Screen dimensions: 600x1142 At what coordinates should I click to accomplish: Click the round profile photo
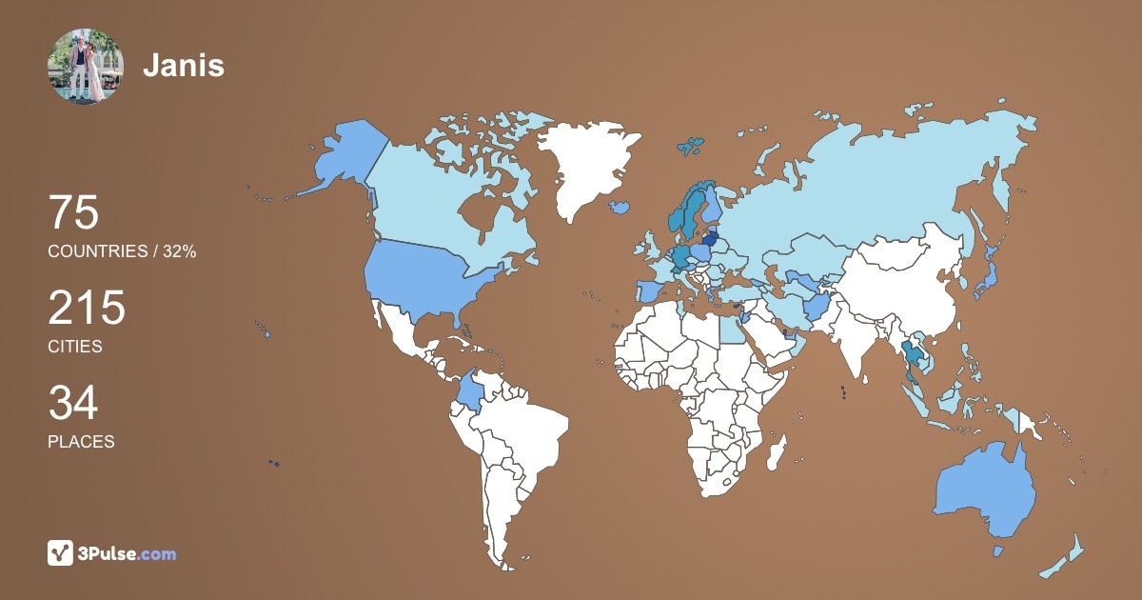point(85,66)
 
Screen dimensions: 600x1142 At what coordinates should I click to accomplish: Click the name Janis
point(184,65)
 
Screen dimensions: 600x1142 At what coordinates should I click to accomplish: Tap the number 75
point(73,212)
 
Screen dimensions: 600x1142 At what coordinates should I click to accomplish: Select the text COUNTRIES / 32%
point(122,251)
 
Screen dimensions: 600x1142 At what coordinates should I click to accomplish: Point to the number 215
point(87,308)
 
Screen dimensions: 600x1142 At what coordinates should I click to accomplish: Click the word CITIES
point(75,347)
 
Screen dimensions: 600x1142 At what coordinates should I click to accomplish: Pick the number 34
point(73,403)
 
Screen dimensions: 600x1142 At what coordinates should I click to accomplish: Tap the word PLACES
point(81,442)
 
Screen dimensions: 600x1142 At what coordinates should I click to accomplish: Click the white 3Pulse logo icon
point(61,552)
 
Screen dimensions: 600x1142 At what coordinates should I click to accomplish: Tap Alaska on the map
point(343,157)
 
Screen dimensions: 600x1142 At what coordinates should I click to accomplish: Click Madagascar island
point(778,450)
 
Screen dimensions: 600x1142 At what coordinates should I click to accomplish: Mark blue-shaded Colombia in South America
point(469,391)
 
